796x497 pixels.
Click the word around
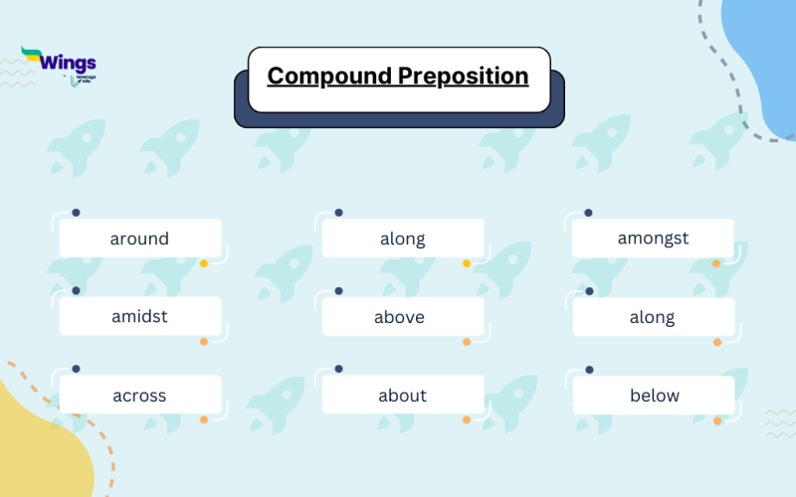click(139, 239)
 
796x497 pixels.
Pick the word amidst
click(139, 317)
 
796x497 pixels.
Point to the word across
click(139, 396)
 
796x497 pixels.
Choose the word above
click(400, 317)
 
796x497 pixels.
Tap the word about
click(402, 396)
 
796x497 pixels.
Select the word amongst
click(653, 239)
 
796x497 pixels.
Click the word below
click(654, 396)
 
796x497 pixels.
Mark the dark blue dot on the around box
click(77, 213)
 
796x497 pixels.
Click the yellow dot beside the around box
click(204, 263)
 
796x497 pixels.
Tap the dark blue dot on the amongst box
click(589, 213)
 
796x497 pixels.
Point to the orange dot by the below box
click(716, 420)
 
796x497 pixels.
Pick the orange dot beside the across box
click(204, 419)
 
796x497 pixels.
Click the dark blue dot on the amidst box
click(77, 291)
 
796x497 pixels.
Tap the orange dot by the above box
click(467, 342)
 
